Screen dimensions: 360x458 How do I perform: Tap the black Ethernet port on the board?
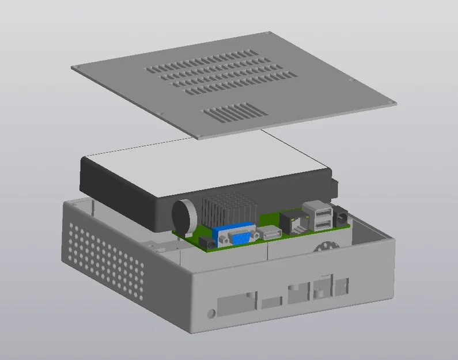294,222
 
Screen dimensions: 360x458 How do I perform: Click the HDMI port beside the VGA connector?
269,233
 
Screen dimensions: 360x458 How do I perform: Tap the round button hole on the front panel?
211,313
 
